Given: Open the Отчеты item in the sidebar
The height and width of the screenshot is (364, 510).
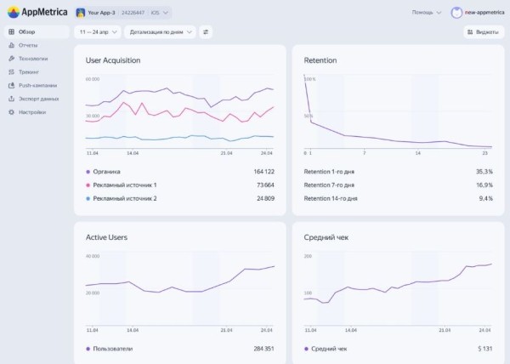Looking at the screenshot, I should pos(27,45).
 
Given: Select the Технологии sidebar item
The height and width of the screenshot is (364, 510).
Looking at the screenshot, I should pos(32,59).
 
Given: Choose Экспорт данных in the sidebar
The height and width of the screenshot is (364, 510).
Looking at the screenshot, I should pos(38,99).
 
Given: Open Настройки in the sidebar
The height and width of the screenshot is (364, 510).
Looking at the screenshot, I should pos(31,112).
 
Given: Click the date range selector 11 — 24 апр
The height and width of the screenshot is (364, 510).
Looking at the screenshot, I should pos(97,31).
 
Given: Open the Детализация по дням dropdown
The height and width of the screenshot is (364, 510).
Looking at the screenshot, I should pos(159,31).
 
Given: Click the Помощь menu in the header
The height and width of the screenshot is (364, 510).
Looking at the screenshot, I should pos(426,13).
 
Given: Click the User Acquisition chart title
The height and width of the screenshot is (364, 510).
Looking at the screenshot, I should pos(113,60).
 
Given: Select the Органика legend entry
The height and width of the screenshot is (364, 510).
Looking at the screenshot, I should pos(106,171).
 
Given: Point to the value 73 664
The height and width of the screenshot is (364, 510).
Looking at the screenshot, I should pos(259,185).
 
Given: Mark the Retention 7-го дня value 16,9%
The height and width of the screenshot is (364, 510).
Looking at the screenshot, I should pos(484,185).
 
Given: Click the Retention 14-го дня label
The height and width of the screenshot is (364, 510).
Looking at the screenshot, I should pos(331,198).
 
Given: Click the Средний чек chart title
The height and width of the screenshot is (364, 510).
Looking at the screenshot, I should pos(326,237).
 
